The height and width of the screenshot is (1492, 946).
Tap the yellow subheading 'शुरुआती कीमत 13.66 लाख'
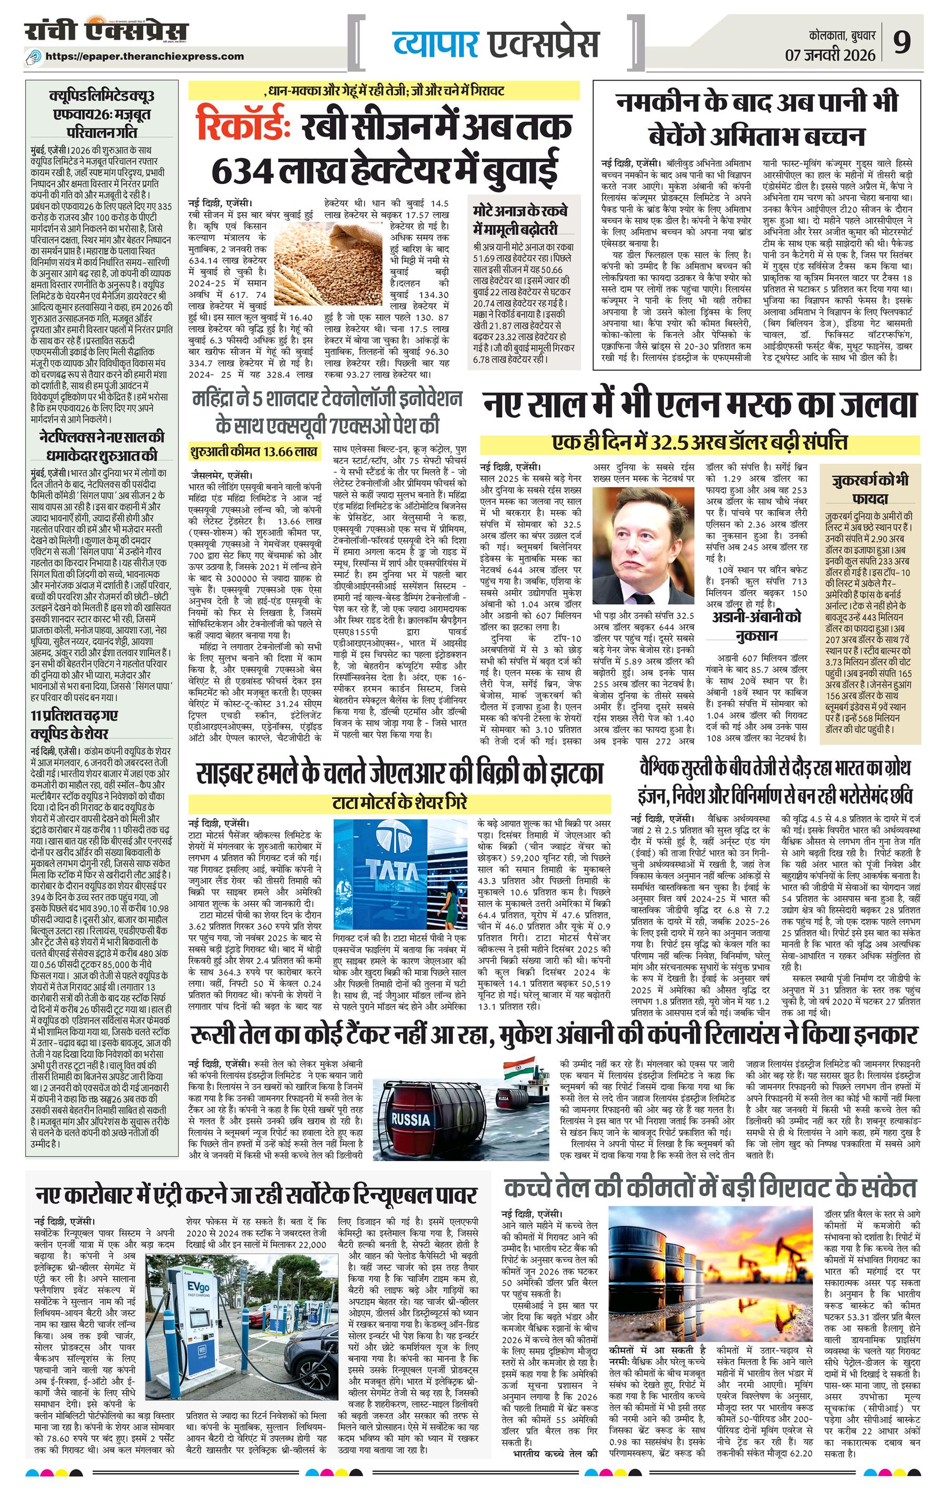pyautogui.click(x=254, y=451)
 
